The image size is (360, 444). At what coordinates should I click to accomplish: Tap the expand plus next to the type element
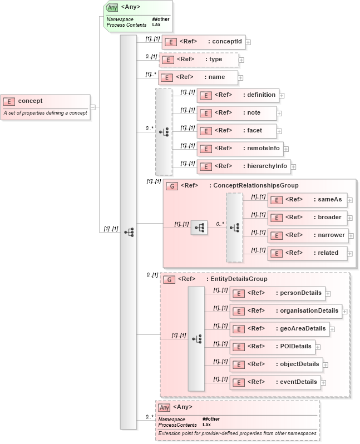click(x=241, y=60)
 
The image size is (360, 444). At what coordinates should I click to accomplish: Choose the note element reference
click(x=236, y=113)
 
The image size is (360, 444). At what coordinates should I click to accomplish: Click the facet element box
click(x=237, y=131)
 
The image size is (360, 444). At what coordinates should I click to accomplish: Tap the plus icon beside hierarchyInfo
click(x=293, y=166)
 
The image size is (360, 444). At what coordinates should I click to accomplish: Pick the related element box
click(x=307, y=253)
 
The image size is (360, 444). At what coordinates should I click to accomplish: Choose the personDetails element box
click(x=277, y=293)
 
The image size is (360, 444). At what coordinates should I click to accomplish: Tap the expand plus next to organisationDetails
click(x=344, y=311)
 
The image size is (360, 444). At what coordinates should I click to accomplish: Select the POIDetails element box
click(x=272, y=347)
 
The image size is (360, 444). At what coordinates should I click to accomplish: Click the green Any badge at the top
click(x=112, y=8)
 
